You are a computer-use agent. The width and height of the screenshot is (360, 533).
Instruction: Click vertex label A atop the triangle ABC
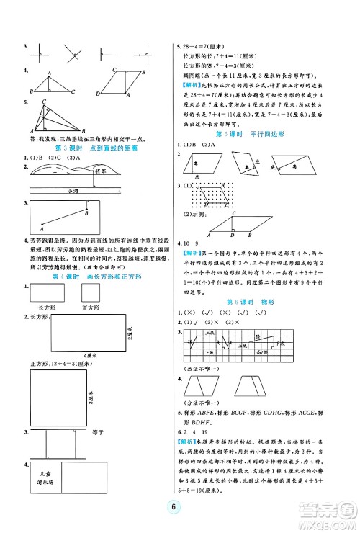49,72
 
